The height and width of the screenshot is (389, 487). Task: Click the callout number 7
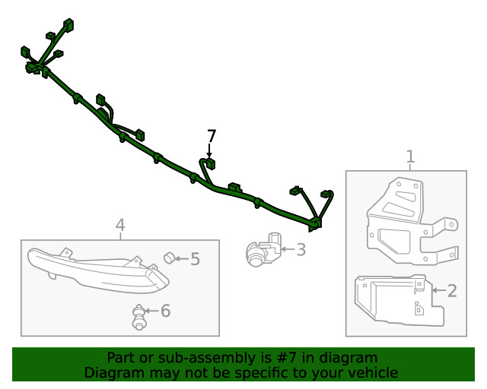pyautogui.click(x=212, y=137)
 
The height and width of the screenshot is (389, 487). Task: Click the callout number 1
pyautogui.click(x=410, y=157)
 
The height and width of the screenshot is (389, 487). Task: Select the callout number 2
pyautogui.click(x=452, y=291)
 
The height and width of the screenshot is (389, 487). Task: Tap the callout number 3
pyautogui.click(x=301, y=250)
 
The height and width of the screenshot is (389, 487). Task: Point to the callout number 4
pyautogui.click(x=120, y=225)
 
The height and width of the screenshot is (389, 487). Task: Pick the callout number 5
pyautogui.click(x=195, y=259)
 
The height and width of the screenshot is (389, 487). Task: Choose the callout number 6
pyautogui.click(x=166, y=311)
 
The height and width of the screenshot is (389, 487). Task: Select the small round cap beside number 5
pyautogui.click(x=169, y=258)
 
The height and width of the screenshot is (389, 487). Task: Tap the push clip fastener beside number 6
pyautogui.click(x=138, y=318)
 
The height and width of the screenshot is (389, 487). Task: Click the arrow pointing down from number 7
pyautogui.click(x=210, y=150)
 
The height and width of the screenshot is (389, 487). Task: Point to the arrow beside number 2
pyautogui.click(x=439, y=291)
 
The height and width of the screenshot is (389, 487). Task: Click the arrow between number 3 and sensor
pyautogui.click(x=288, y=248)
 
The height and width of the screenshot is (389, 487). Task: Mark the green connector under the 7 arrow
pyautogui.click(x=211, y=163)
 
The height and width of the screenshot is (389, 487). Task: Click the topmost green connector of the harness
pyautogui.click(x=68, y=25)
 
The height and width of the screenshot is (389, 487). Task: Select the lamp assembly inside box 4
pyautogui.click(x=98, y=270)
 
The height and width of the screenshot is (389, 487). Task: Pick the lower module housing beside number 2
pyautogui.click(x=399, y=300)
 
